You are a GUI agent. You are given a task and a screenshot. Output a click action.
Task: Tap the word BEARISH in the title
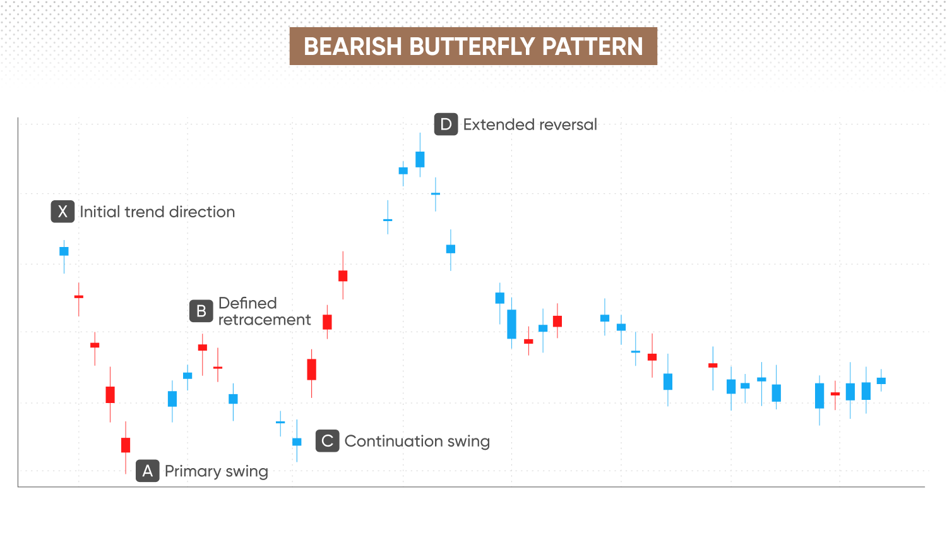[352, 47]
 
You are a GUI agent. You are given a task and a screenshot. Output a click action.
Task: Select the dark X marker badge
[63, 212]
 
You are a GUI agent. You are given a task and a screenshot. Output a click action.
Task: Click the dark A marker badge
[148, 471]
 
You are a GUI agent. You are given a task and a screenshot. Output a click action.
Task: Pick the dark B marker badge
[201, 311]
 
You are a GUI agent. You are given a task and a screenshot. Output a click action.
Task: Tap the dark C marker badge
[327, 441]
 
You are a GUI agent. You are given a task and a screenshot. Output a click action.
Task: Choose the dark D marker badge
[446, 124]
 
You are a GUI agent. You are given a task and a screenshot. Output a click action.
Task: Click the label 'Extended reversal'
[530, 125]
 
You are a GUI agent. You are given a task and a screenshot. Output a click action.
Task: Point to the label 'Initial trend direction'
[157, 212]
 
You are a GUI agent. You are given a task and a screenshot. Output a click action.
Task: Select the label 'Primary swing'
[217, 471]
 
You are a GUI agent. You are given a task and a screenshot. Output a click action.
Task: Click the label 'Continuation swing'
[417, 442]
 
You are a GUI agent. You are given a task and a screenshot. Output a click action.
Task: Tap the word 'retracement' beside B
[265, 320]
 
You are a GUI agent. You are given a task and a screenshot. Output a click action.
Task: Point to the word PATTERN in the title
[592, 47]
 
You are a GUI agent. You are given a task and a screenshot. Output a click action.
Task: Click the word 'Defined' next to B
[247, 303]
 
